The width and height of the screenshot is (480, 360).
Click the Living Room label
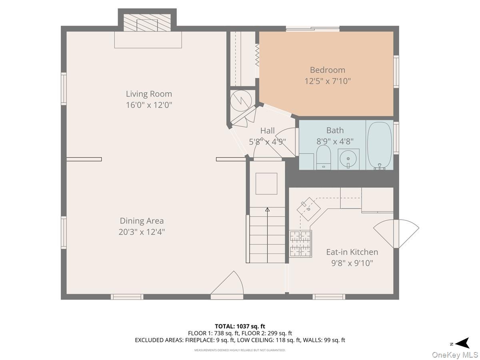pyautogui.click(x=149, y=94)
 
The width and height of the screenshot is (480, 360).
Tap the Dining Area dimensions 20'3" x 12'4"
pyautogui.click(x=142, y=232)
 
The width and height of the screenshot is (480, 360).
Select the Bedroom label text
pyautogui.click(x=327, y=70)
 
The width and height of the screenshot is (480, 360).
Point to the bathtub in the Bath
pyautogui.click(x=379, y=145)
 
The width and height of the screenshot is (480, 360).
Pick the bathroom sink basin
pyautogui.click(x=348, y=159)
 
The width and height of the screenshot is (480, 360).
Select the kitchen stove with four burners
pyautogui.click(x=300, y=243)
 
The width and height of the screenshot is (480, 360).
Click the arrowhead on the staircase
pyautogui.click(x=267, y=209)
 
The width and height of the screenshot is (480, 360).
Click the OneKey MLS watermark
pyautogui.click(x=456, y=355)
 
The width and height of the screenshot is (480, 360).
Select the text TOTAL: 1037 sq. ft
pyautogui.click(x=240, y=326)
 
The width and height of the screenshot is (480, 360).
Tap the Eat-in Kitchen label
pyautogui.click(x=352, y=252)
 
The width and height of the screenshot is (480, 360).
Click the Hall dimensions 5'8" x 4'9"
pyautogui.click(x=268, y=141)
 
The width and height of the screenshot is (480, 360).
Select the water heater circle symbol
pyautogui.click(x=242, y=100)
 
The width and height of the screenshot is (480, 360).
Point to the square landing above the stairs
pyautogui.click(x=266, y=184)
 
